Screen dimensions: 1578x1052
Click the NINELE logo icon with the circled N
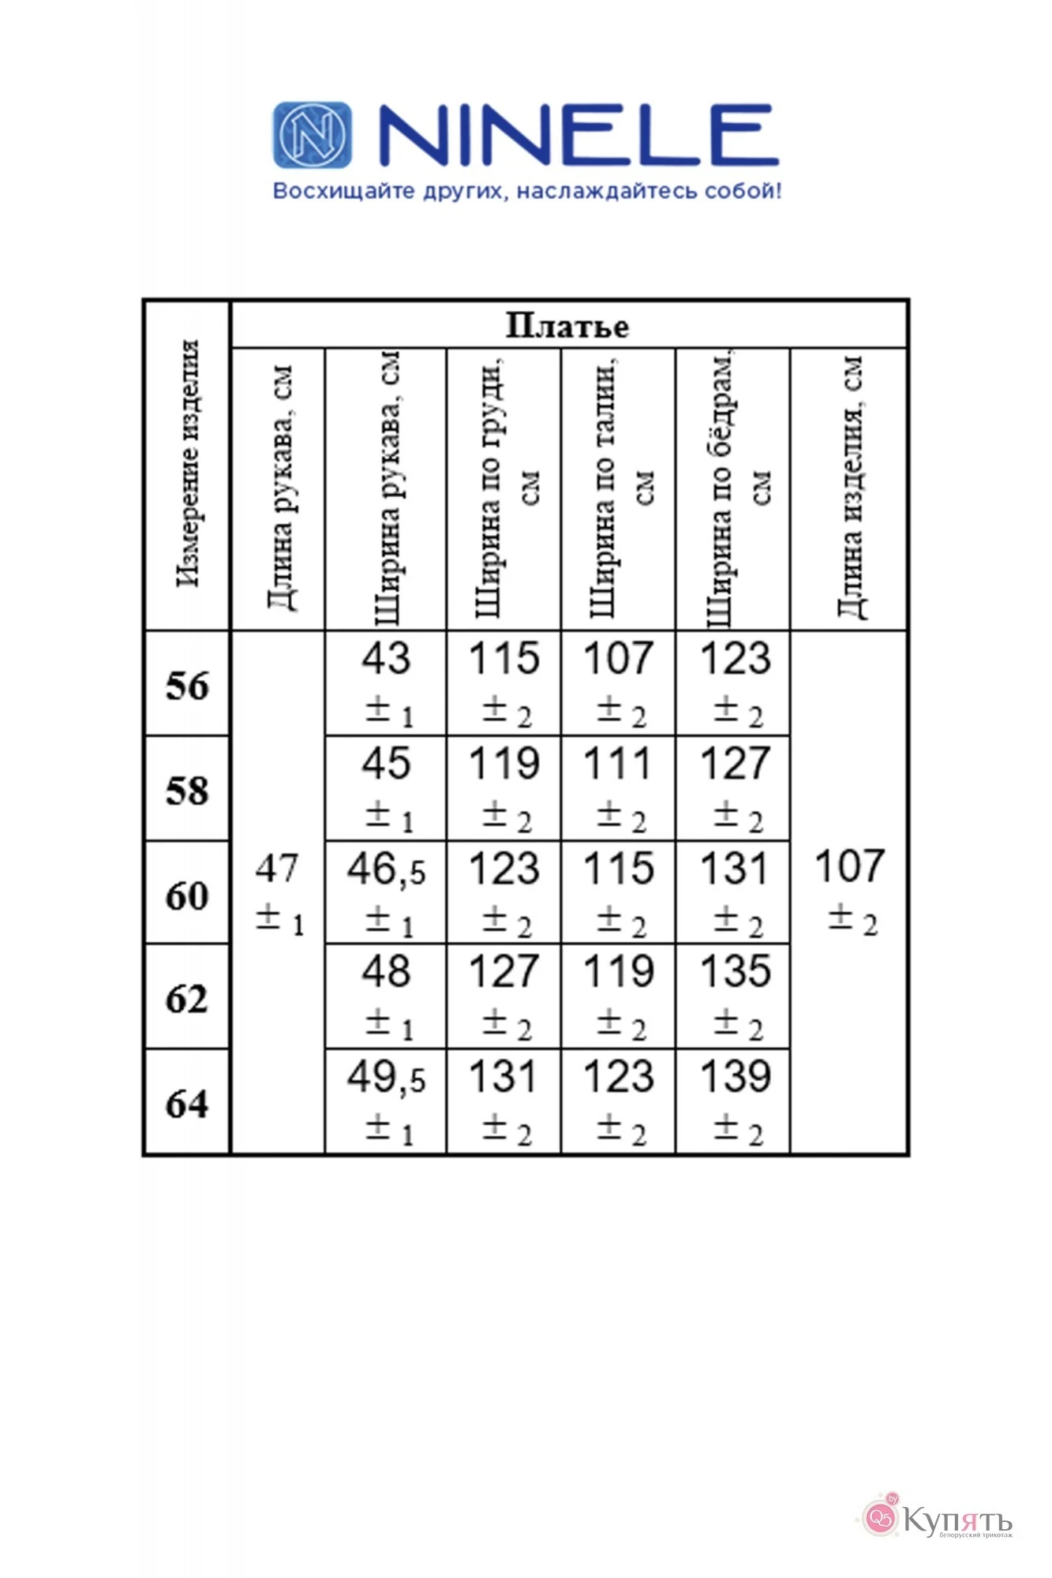(x=313, y=135)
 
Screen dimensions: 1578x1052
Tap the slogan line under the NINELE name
(x=526, y=191)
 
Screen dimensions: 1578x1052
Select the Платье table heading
(x=567, y=326)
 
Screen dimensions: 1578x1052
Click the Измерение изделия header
(x=188, y=464)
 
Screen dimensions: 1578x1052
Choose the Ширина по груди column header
(x=504, y=489)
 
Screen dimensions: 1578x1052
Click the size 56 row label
(x=187, y=685)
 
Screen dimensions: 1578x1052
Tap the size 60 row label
(x=187, y=895)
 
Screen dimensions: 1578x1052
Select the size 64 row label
(x=187, y=1103)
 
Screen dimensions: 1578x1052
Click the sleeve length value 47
(x=277, y=869)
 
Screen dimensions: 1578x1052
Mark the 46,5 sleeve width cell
(x=386, y=869)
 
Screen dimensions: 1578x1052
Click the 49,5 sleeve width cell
(x=386, y=1078)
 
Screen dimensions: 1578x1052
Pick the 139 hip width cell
(x=735, y=1077)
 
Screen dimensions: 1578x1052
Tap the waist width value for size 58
(x=619, y=764)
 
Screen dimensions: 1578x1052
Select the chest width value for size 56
(x=504, y=659)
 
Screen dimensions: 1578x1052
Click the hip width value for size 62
(x=735, y=972)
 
